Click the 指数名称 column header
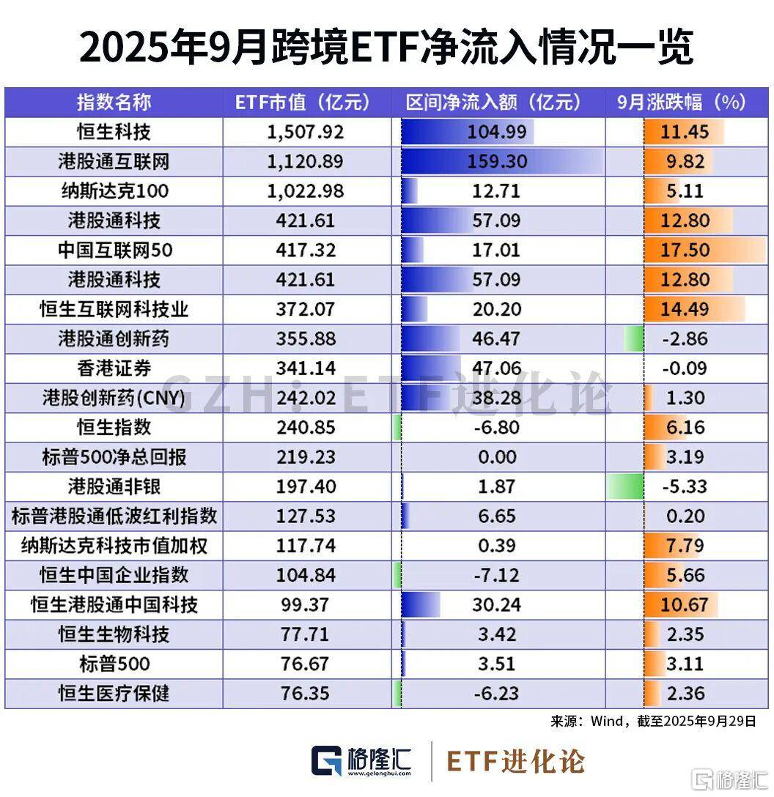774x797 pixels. pyautogui.click(x=114, y=103)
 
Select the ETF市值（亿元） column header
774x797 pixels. pyautogui.click(x=303, y=103)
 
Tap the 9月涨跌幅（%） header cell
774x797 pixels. pyautogui.click(x=682, y=103)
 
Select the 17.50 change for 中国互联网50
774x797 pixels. pyautogui.click(x=685, y=250)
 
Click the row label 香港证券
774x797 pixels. pyautogui.click(x=114, y=368)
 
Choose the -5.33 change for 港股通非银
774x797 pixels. pyautogui.click(x=685, y=486)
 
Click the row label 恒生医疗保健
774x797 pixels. pyautogui.click(x=114, y=692)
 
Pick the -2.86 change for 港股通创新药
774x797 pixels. pyautogui.click(x=685, y=338)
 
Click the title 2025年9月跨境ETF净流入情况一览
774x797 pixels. pyautogui.click(x=386, y=48)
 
